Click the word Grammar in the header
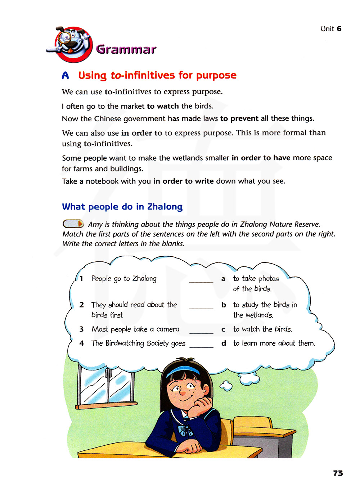pyautogui.click(x=126, y=49)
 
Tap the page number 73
pyautogui.click(x=338, y=473)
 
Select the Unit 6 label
pyautogui.click(x=331, y=29)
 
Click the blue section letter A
pyautogui.click(x=65, y=76)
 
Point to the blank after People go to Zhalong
pyautogui.click(x=201, y=279)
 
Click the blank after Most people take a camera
pyautogui.click(x=201, y=330)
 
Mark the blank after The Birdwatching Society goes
pyautogui.click(x=201, y=344)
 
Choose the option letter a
pyautogui.click(x=223, y=279)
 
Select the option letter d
pyautogui.click(x=224, y=343)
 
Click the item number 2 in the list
pyautogui.click(x=81, y=305)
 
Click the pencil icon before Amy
pyautogui.click(x=73, y=224)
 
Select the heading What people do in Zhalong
pyautogui.click(x=122, y=207)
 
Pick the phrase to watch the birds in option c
pyautogui.click(x=262, y=329)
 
